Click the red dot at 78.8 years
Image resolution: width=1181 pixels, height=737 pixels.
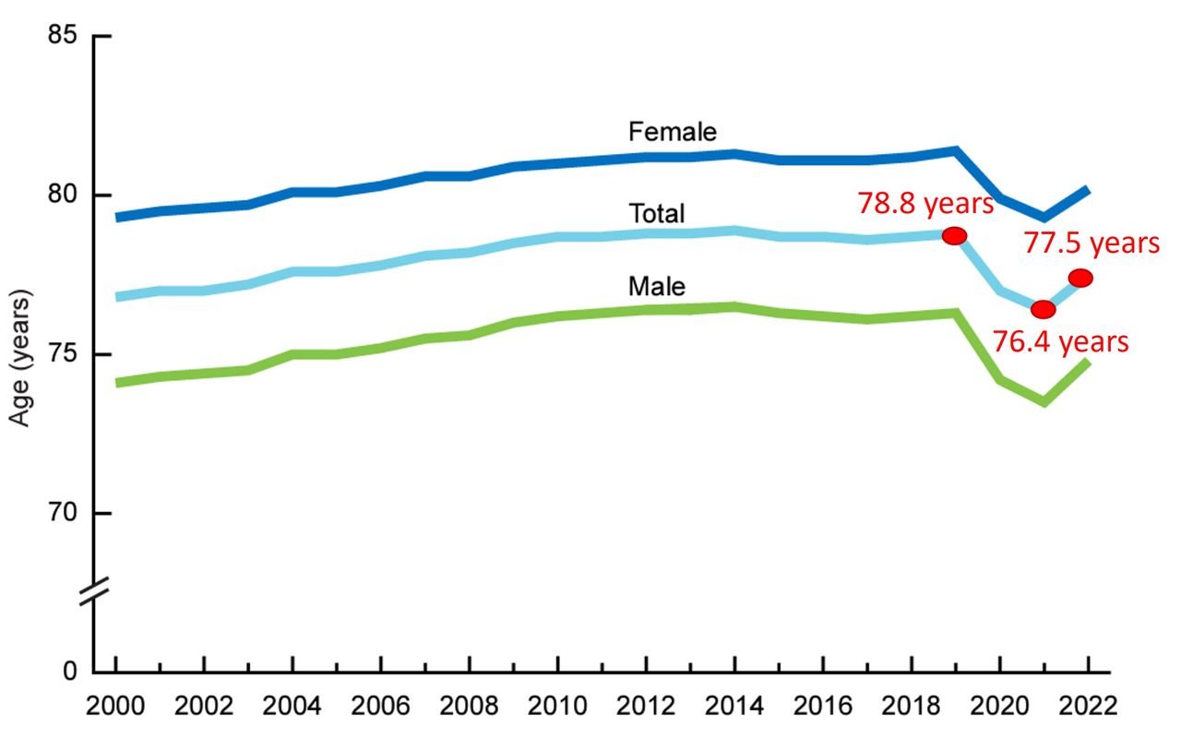tap(955, 235)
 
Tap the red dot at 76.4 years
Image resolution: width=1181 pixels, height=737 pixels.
tap(1043, 309)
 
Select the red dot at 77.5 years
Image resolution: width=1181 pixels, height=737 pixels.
tap(1080, 278)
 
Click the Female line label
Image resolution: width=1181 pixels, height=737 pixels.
tap(672, 132)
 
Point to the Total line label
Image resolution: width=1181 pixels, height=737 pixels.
tap(656, 214)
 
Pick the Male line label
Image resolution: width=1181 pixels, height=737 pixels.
tap(656, 287)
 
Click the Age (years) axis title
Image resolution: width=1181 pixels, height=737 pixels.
tap(20, 359)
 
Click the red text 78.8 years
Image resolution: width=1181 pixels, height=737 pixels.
tap(926, 203)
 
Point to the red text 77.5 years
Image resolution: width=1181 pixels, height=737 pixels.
tap(1092, 244)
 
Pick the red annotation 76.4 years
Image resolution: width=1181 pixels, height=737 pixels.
tap(1060, 342)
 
